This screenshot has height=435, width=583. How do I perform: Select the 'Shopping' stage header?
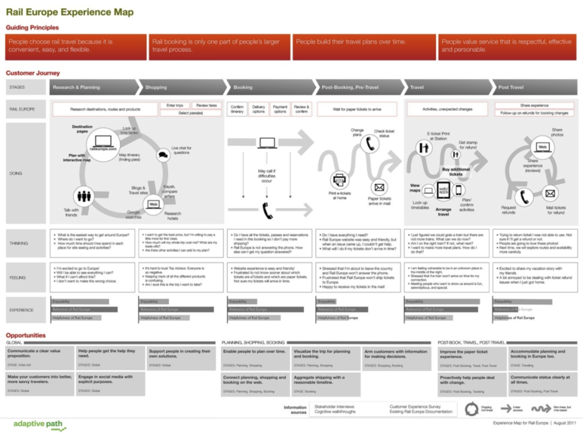(157, 87)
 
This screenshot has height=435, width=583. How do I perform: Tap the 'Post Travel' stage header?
(511, 87)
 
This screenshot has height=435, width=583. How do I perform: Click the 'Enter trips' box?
(174, 106)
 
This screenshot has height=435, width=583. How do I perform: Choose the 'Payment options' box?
(280, 109)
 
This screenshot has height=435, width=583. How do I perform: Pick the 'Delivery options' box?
(259, 109)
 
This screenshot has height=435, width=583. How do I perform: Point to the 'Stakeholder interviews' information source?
(336, 406)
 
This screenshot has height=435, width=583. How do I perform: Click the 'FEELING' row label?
(17, 278)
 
